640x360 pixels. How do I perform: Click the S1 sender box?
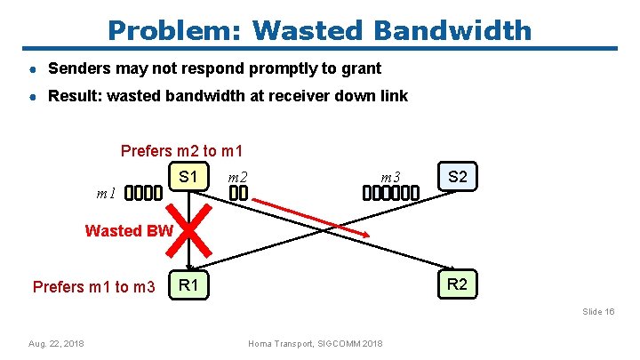[188, 178]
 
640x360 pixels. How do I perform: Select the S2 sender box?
[458, 178]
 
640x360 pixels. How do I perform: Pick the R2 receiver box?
[458, 285]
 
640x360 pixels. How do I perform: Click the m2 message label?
[238, 178]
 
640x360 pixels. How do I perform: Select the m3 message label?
[390, 178]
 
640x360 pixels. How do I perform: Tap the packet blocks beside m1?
[144, 193]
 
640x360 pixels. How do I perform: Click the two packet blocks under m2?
[237, 193]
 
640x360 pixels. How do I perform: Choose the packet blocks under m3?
[390, 193]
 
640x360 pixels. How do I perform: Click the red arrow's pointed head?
[364, 234]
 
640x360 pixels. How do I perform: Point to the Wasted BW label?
[129, 231]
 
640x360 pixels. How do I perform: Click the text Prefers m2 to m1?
[181, 151]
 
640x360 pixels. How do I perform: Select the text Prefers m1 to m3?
[93, 287]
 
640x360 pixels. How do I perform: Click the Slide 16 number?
[598, 312]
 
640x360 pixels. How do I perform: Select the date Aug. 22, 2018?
[56, 343]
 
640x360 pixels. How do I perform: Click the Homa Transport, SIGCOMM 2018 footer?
[316, 343]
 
